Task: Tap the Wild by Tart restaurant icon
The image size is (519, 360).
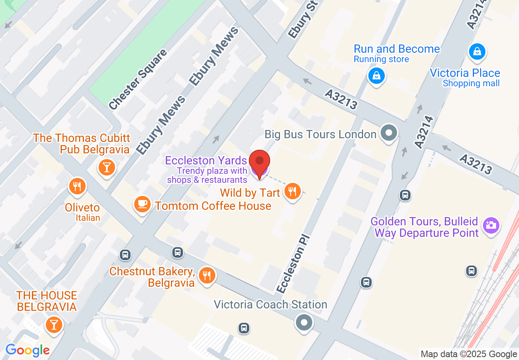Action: point(292,191)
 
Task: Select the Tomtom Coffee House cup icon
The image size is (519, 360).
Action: point(142,204)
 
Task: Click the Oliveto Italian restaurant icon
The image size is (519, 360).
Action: point(77,187)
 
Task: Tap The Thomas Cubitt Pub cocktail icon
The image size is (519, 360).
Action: point(107,166)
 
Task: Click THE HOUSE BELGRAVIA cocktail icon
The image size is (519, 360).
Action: point(54,325)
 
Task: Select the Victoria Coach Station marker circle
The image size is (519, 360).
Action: point(304,322)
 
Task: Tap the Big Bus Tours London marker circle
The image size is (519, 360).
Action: point(388,133)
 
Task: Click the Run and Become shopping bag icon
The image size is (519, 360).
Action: point(376,76)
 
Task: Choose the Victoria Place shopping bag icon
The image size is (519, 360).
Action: point(477,52)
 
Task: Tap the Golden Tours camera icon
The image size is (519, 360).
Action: point(491,225)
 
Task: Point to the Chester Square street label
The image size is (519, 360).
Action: point(138,79)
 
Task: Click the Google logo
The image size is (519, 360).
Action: point(27,350)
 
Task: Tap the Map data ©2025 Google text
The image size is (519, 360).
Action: point(469,354)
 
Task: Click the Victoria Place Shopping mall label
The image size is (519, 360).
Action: point(465,78)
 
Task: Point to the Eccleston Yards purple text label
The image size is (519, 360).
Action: point(206,160)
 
